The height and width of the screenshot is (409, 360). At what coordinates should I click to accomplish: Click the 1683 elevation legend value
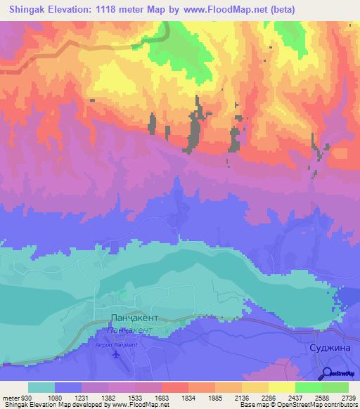coord(161,397)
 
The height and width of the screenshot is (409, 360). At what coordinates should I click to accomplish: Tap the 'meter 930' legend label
coord(15,397)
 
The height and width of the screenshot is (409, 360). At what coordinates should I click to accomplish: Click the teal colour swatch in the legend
coord(41,387)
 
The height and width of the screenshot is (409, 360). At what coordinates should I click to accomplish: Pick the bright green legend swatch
coord(308,387)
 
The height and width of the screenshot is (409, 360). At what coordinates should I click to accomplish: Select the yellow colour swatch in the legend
coord(281,387)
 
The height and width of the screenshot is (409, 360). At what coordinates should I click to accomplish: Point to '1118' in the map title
coord(111,9)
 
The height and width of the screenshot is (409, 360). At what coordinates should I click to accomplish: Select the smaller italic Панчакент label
coord(129,329)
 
